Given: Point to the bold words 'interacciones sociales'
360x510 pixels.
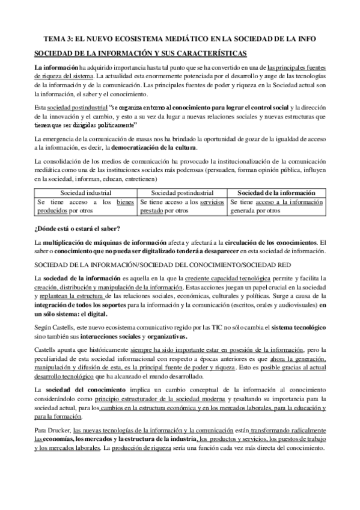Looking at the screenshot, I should (x=99, y=336).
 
